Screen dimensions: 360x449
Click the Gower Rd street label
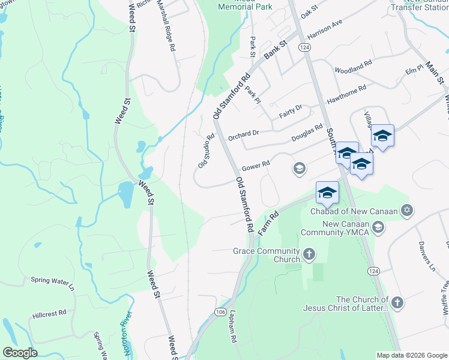pyautogui.click(x=256, y=166)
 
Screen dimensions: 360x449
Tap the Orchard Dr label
pyautogui.click(x=243, y=133)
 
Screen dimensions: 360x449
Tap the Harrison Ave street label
pyautogui.click(x=324, y=28)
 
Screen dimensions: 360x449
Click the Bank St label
pyautogui.click(x=276, y=47)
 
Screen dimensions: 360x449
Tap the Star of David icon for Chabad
pyautogui.click(x=407, y=211)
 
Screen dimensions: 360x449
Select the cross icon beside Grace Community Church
pyautogui.click(x=309, y=254)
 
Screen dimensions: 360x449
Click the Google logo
pyautogui.click(x=20, y=353)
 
